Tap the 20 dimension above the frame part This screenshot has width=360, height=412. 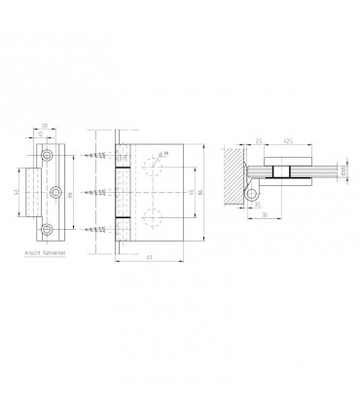46,126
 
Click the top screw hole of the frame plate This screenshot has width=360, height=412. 46,155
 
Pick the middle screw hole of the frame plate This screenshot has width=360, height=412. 54,191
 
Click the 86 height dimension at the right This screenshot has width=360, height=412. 200,194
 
